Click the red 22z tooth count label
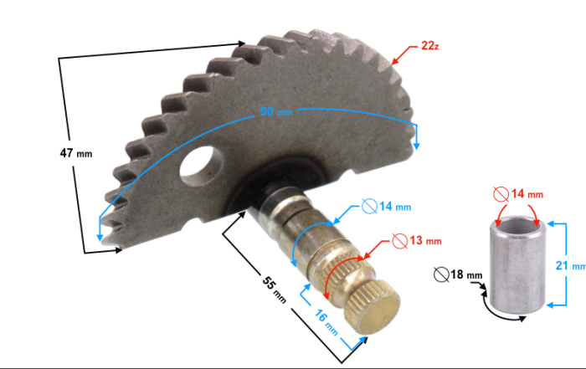click(429, 45)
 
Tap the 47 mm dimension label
click(76, 153)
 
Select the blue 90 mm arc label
click(276, 111)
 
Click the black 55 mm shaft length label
click(275, 290)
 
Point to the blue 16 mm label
click(326, 322)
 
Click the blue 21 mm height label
click(570, 265)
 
